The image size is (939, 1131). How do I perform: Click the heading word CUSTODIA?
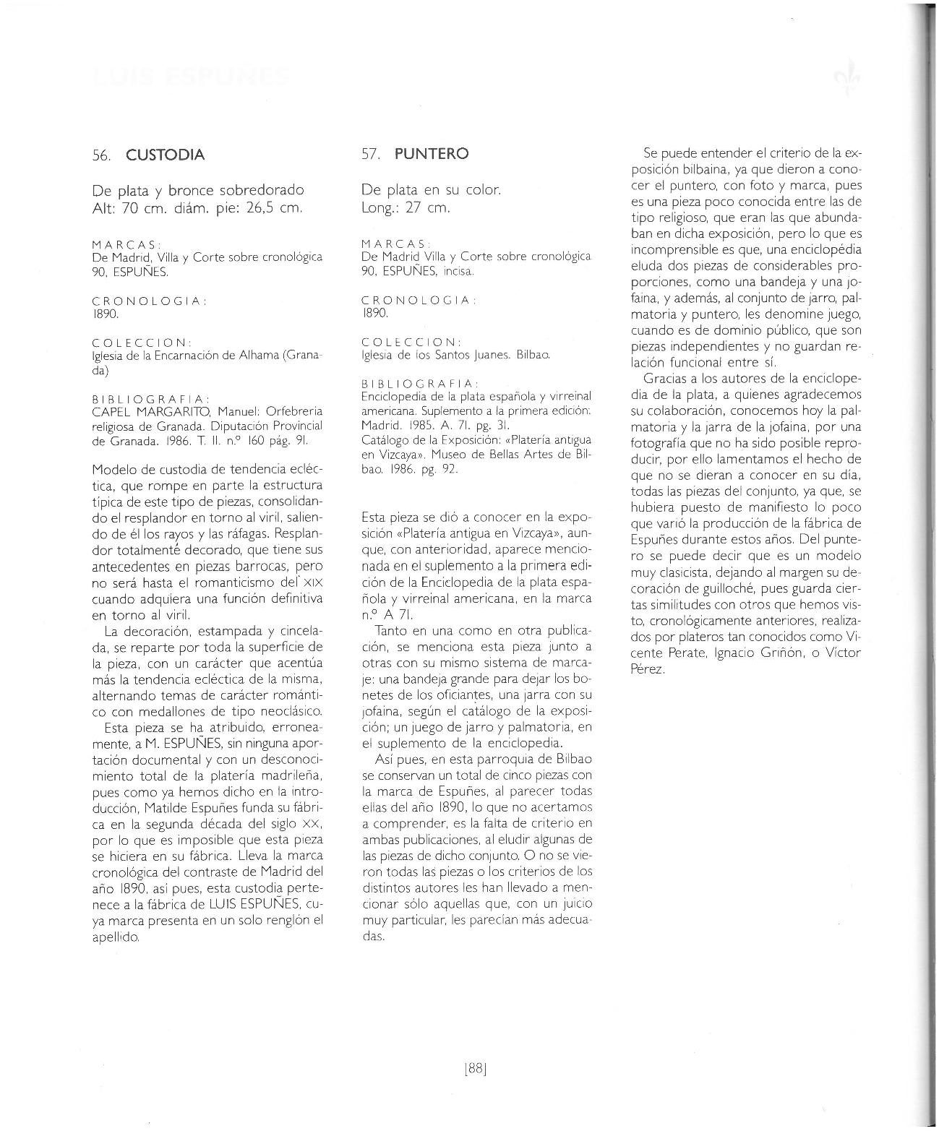(165, 155)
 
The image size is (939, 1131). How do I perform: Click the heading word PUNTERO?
(432, 154)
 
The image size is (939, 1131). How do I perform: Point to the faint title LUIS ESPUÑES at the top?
(192, 76)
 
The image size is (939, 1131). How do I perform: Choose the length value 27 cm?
(426, 208)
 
